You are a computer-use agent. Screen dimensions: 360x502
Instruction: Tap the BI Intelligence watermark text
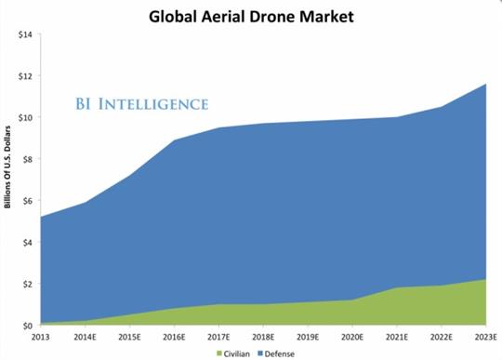141,102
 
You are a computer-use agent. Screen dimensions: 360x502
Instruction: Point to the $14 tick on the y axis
25,34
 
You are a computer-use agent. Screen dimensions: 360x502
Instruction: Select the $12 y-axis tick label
25,76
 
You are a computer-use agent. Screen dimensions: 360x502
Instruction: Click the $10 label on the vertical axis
25,117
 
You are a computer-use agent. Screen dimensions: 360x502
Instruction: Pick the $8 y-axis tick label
27,159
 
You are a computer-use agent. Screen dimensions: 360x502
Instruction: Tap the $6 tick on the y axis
27,201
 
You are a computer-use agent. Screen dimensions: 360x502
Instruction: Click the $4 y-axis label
27,242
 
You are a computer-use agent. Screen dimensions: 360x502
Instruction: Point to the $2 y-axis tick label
27,284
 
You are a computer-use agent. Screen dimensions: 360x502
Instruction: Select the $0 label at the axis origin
27,326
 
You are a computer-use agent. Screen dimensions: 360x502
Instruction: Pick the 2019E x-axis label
308,337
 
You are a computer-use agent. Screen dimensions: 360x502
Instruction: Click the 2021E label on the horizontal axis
399,337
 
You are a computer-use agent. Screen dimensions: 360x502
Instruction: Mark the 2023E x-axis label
485,337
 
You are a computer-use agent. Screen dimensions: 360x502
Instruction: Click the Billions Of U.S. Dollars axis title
7,164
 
